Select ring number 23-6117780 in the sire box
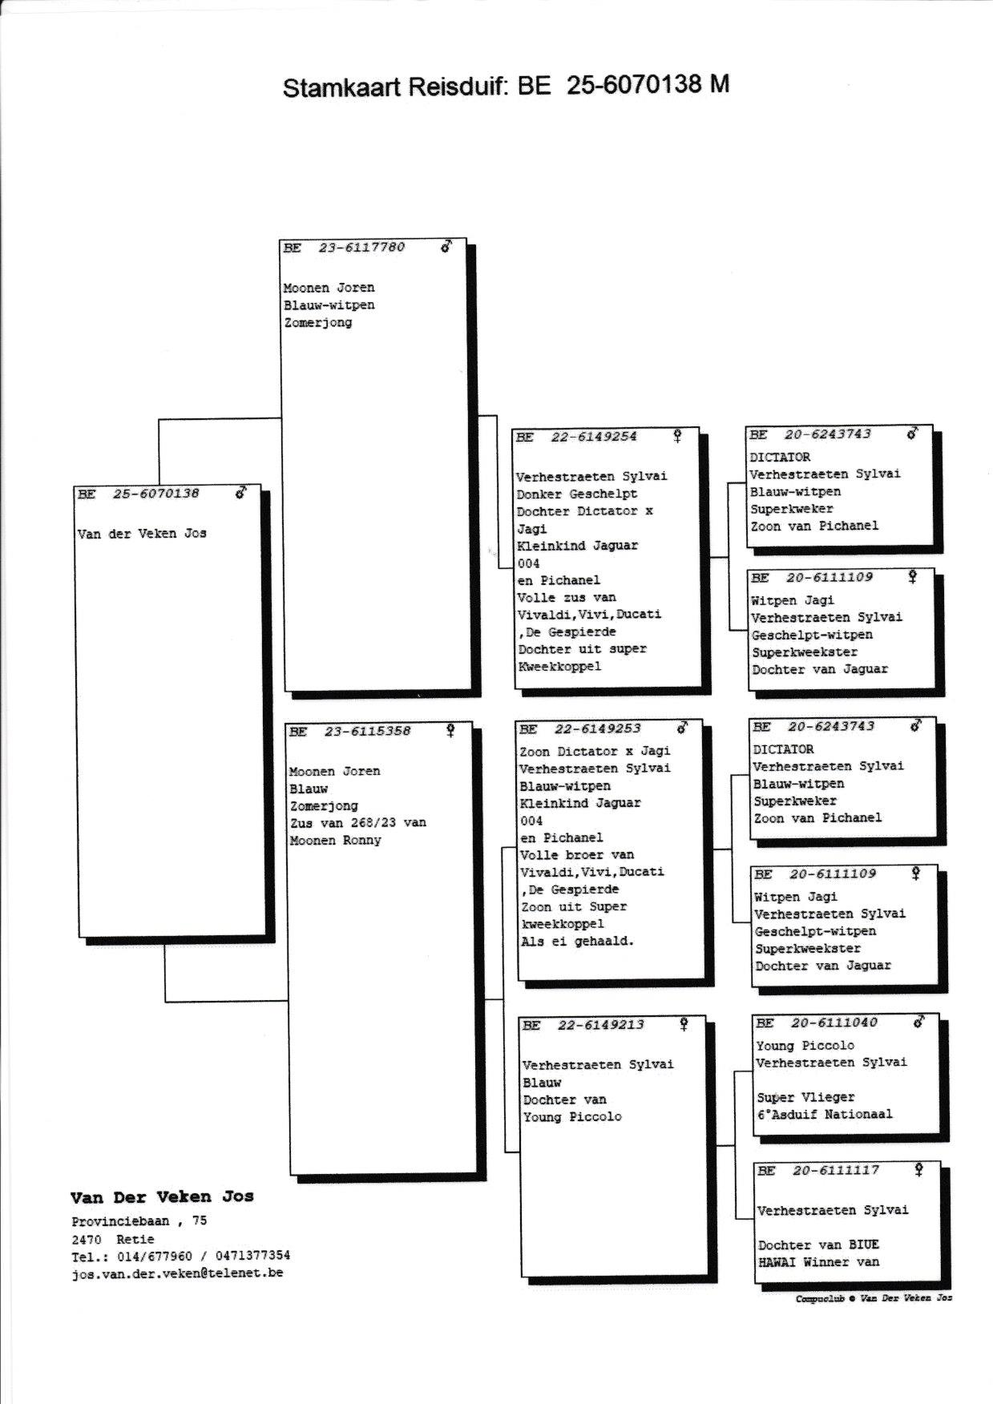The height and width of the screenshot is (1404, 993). [361, 248]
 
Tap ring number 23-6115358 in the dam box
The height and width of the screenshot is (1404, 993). [367, 732]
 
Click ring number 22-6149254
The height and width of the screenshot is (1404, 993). [594, 438]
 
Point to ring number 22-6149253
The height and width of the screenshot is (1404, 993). [597, 729]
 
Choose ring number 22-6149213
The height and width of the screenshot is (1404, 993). [600, 1025]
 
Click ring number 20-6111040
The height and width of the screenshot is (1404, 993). [834, 1023]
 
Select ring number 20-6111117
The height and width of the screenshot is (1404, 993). [835, 1171]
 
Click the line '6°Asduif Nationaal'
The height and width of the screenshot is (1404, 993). [825, 1115]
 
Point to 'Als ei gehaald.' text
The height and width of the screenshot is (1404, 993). [577, 942]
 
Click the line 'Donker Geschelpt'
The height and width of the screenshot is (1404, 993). [577, 494]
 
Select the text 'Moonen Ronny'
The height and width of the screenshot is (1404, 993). [335, 841]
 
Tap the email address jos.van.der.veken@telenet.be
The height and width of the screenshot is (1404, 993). [177, 1273]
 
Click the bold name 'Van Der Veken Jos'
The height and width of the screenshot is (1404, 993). [162, 1197]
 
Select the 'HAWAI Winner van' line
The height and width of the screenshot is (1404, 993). [818, 1262]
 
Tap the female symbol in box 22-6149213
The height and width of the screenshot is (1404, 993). [684, 1024]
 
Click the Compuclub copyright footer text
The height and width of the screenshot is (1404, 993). [874, 1298]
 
